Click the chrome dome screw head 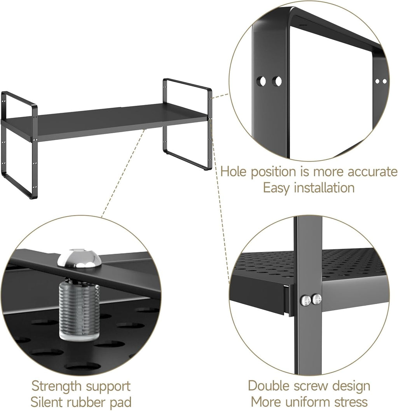(x=79, y=258)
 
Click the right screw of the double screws (x=317, y=299)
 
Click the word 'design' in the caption (x=349, y=387)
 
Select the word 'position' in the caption (x=276, y=172)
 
